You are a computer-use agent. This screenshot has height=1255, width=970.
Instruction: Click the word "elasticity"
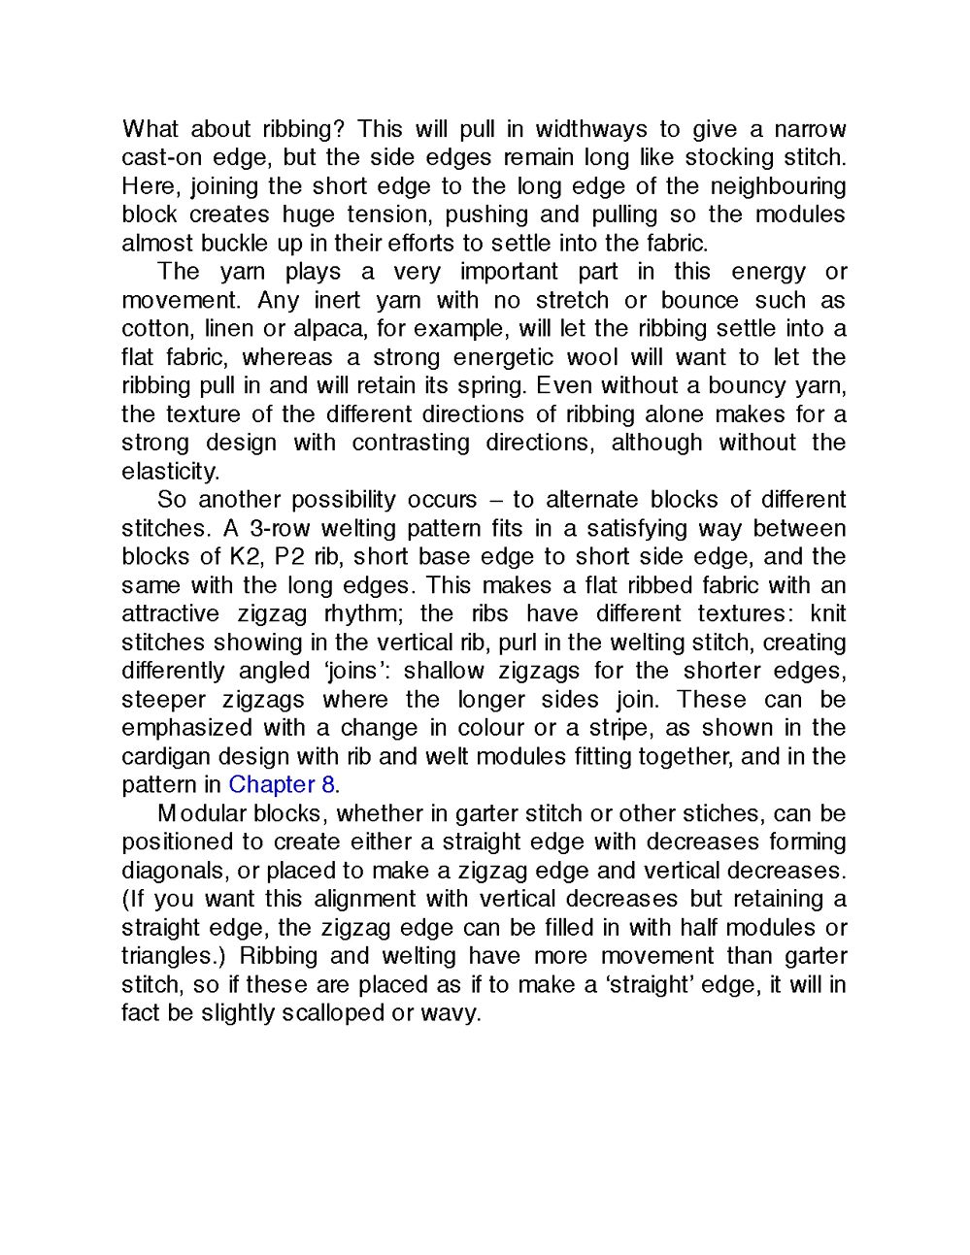[169, 472]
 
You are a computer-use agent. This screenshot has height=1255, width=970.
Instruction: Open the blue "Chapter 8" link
[282, 785]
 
